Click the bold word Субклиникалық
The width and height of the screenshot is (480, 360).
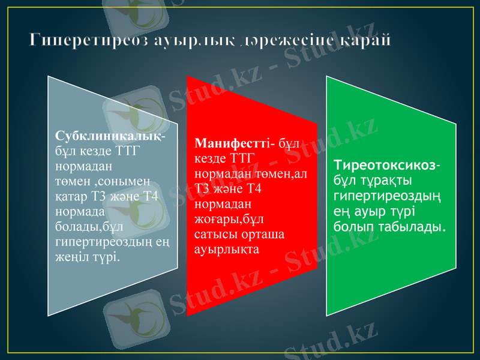[109, 136]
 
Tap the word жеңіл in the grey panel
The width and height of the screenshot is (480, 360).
[71, 257]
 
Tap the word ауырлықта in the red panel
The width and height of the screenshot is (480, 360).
[227, 249]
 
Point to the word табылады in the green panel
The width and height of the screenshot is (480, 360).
[410, 227]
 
